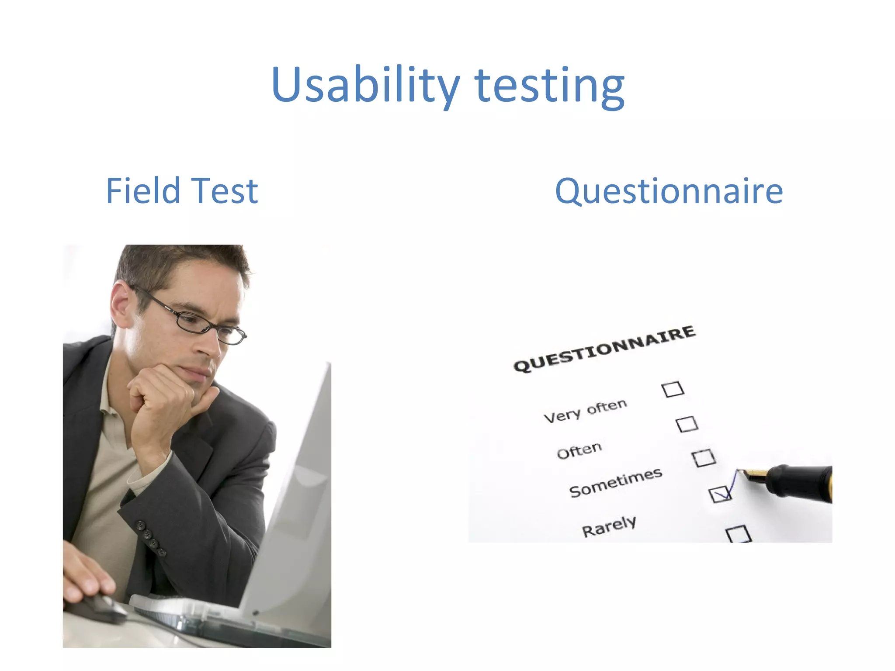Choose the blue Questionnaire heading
point(669,191)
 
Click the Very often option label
point(585,411)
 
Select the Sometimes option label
point(615,482)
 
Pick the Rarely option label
point(609,526)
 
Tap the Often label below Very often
point(579,450)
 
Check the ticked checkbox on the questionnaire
point(719,494)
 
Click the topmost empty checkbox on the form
point(673,389)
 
